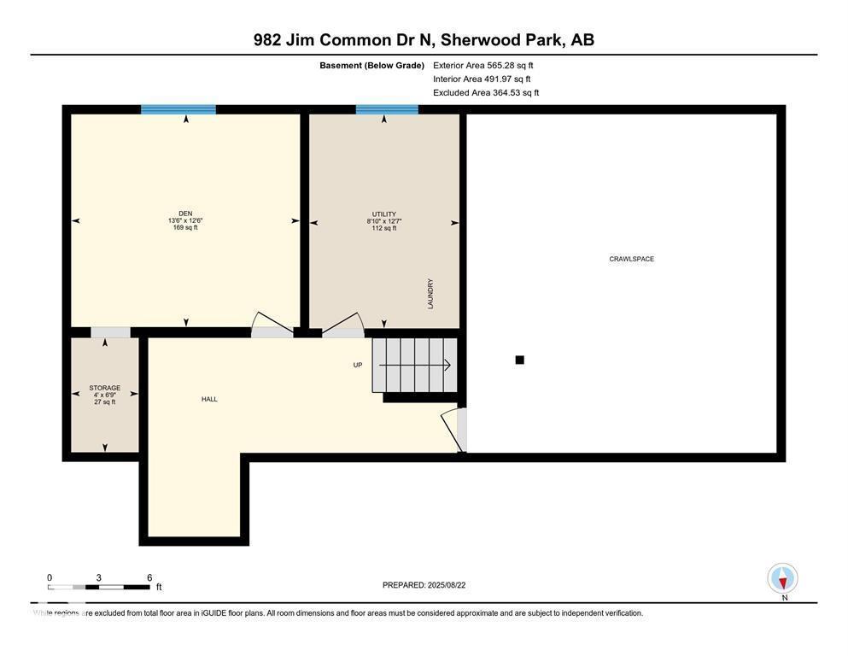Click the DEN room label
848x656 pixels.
[184, 214]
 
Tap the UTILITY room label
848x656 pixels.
[383, 214]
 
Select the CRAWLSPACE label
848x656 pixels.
[631, 259]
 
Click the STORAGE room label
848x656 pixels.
[104, 388]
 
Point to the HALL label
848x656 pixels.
[209, 399]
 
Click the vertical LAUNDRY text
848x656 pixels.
[431, 294]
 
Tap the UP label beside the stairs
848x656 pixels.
[358, 365]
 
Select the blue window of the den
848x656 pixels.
[178, 109]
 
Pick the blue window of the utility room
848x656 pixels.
[387, 109]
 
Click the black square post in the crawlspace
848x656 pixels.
[519, 360]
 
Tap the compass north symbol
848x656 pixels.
[782, 579]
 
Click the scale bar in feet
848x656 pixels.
[99, 587]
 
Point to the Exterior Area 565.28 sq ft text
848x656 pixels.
[482, 65]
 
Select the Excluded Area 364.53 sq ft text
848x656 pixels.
[486, 92]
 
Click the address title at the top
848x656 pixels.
[424, 39]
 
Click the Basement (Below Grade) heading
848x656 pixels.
[371, 65]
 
